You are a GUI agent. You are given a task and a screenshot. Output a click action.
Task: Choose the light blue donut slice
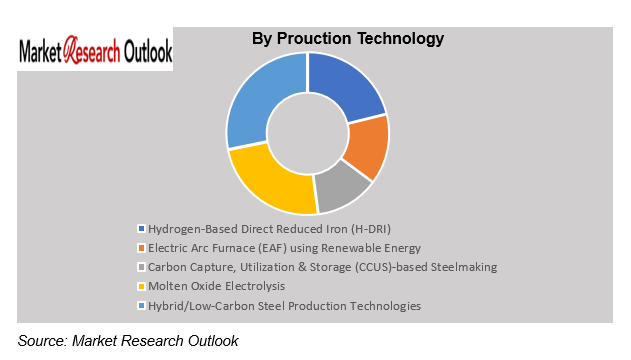[263, 100]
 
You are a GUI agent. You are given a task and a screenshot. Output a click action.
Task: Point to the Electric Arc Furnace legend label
[284, 248]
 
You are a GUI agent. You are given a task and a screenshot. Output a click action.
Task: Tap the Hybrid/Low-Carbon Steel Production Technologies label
[284, 305]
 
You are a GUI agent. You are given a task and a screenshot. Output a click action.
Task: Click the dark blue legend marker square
[140, 229]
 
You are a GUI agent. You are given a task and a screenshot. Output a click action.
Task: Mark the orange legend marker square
[140, 248]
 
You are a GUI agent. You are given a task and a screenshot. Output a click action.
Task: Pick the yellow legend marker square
[140, 286]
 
